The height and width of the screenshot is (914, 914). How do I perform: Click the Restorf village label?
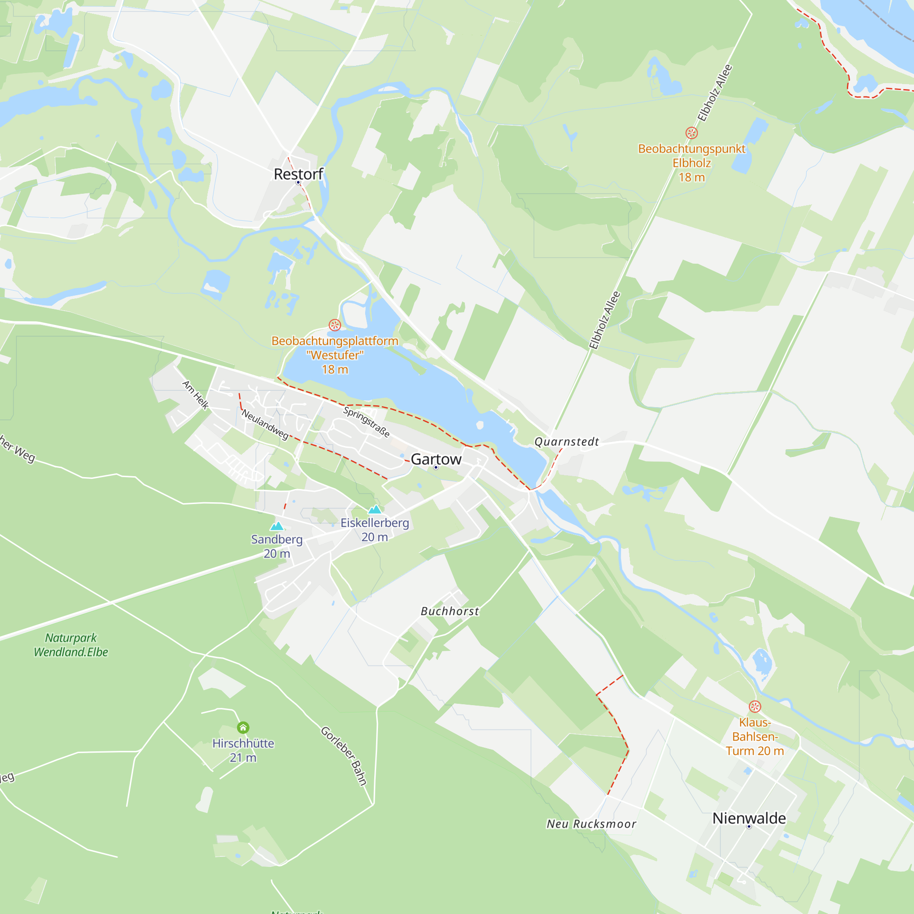[x=298, y=174]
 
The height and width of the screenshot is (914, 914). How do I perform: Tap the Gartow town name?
[x=436, y=459]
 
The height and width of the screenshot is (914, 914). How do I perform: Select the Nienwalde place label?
[x=749, y=818]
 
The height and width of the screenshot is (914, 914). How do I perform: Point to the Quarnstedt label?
[x=566, y=441]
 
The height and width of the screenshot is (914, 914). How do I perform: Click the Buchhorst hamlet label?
[x=450, y=611]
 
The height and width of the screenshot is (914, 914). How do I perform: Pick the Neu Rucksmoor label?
[x=591, y=824]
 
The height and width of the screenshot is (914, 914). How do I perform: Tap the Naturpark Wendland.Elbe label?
[x=71, y=645]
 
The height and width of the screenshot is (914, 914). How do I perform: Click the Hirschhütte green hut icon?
[x=243, y=727]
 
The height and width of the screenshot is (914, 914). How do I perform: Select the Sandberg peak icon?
[x=277, y=526]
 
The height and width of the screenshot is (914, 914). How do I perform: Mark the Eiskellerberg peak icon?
[x=375, y=509]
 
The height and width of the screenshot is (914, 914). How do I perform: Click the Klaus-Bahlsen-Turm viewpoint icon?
[x=755, y=707]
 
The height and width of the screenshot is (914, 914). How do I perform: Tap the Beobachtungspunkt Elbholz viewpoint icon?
[x=691, y=133]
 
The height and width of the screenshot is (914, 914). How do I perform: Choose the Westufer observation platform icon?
[x=335, y=325]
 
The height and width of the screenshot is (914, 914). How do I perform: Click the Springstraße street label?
[x=367, y=422]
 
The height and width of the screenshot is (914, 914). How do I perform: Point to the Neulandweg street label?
[x=265, y=425]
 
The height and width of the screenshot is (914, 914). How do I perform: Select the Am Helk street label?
[x=196, y=394]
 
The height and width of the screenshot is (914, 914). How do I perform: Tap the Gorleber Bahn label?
[x=344, y=755]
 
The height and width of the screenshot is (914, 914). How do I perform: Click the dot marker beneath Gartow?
[x=436, y=468]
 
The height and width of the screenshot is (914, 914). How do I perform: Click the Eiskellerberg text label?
[x=375, y=523]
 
